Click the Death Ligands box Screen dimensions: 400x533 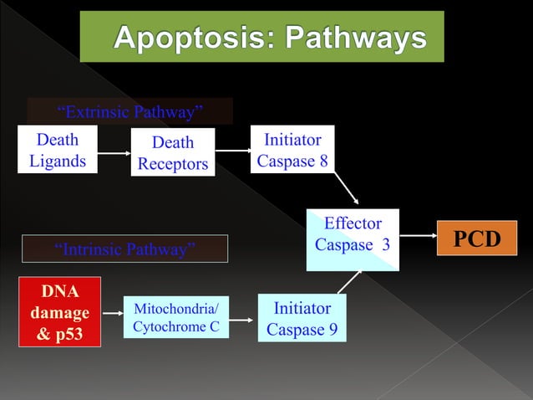click(x=58, y=149)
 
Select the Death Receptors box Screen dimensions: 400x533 click(x=173, y=153)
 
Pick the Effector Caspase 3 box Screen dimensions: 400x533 click(x=353, y=239)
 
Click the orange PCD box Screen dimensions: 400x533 click(x=476, y=239)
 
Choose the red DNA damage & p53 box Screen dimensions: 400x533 click(x=59, y=311)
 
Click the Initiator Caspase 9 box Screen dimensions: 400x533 click(x=302, y=319)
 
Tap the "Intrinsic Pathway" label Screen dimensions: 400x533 click(x=124, y=249)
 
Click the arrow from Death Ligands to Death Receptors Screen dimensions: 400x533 click(x=114, y=152)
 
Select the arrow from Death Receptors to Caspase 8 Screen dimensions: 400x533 click(x=232, y=151)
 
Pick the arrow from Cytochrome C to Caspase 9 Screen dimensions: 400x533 click(x=241, y=320)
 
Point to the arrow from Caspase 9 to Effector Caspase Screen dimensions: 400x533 click(x=349, y=282)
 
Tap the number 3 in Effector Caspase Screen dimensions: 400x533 click(x=385, y=245)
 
